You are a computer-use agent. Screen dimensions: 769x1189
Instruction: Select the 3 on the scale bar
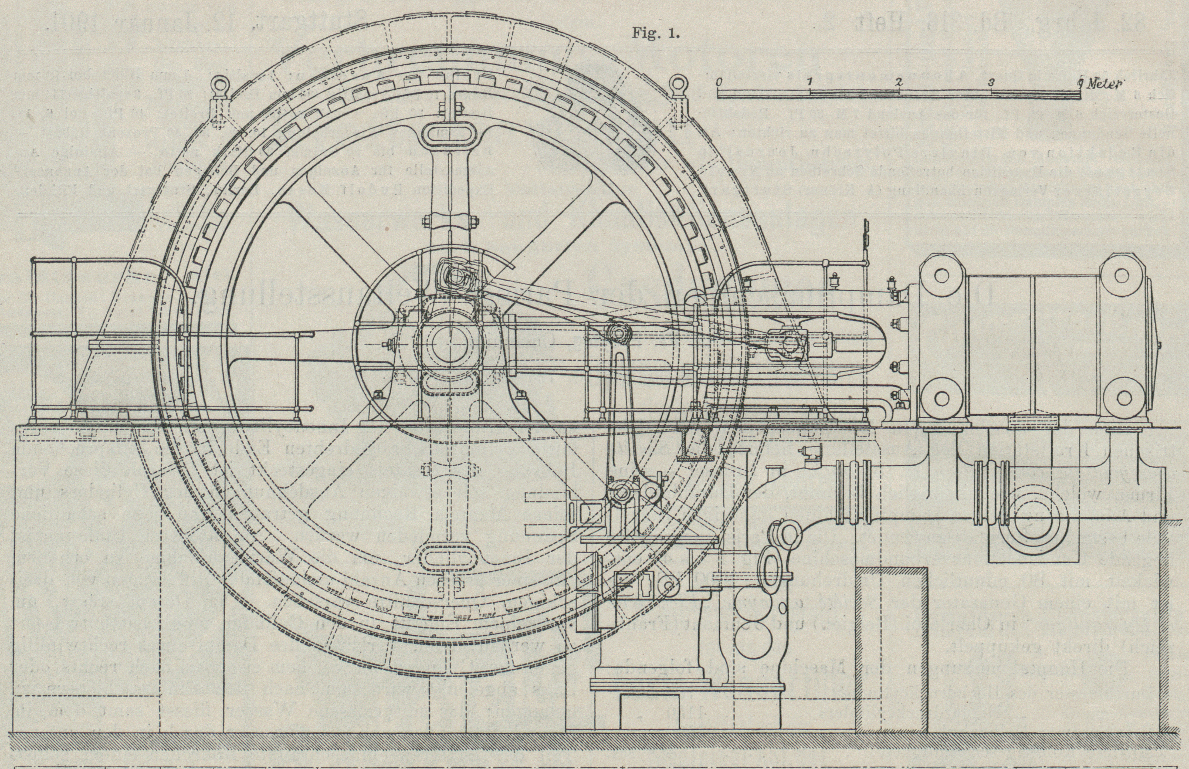point(991,82)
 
